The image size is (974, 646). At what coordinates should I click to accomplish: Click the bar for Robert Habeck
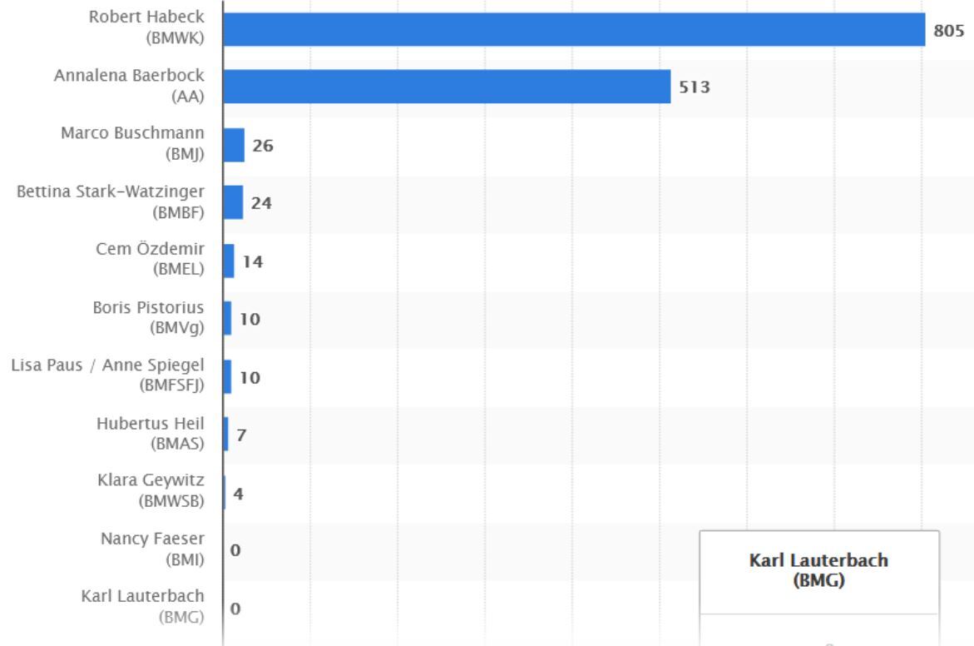pyautogui.click(x=574, y=29)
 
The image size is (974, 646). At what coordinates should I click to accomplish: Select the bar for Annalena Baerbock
pyautogui.click(x=447, y=87)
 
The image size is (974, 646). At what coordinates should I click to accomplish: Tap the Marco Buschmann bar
pyautogui.click(x=234, y=145)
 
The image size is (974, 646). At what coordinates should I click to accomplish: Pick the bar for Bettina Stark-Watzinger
pyautogui.click(x=233, y=202)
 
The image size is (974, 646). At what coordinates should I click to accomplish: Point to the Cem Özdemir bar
pyautogui.click(x=229, y=261)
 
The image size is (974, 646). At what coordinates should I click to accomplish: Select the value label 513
pyautogui.click(x=694, y=87)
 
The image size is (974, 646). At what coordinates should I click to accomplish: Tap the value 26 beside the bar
pyautogui.click(x=263, y=146)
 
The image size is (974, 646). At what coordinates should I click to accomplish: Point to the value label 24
pyautogui.click(x=262, y=203)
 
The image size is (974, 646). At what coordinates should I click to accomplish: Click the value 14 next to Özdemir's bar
pyautogui.click(x=252, y=261)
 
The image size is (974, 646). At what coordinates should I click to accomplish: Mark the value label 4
pyautogui.click(x=239, y=493)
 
